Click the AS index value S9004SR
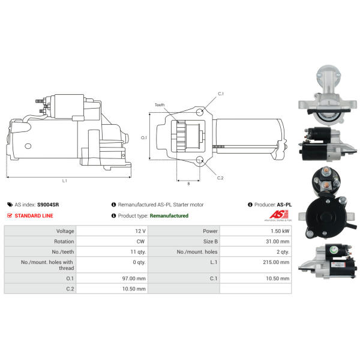click(48, 205)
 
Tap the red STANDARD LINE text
click(34, 216)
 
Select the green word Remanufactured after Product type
click(169, 216)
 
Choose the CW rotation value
click(140, 242)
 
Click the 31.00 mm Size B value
click(278, 242)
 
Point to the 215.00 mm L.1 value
click(276, 262)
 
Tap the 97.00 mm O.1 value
click(134, 278)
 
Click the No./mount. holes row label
click(197, 252)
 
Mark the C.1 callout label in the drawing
click(221, 94)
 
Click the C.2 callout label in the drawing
click(220, 178)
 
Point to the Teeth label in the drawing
click(160, 105)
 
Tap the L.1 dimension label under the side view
click(65, 181)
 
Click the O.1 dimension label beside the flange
click(144, 137)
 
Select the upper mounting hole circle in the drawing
click(200, 112)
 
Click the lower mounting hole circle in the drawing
click(200, 160)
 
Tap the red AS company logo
click(279, 214)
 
